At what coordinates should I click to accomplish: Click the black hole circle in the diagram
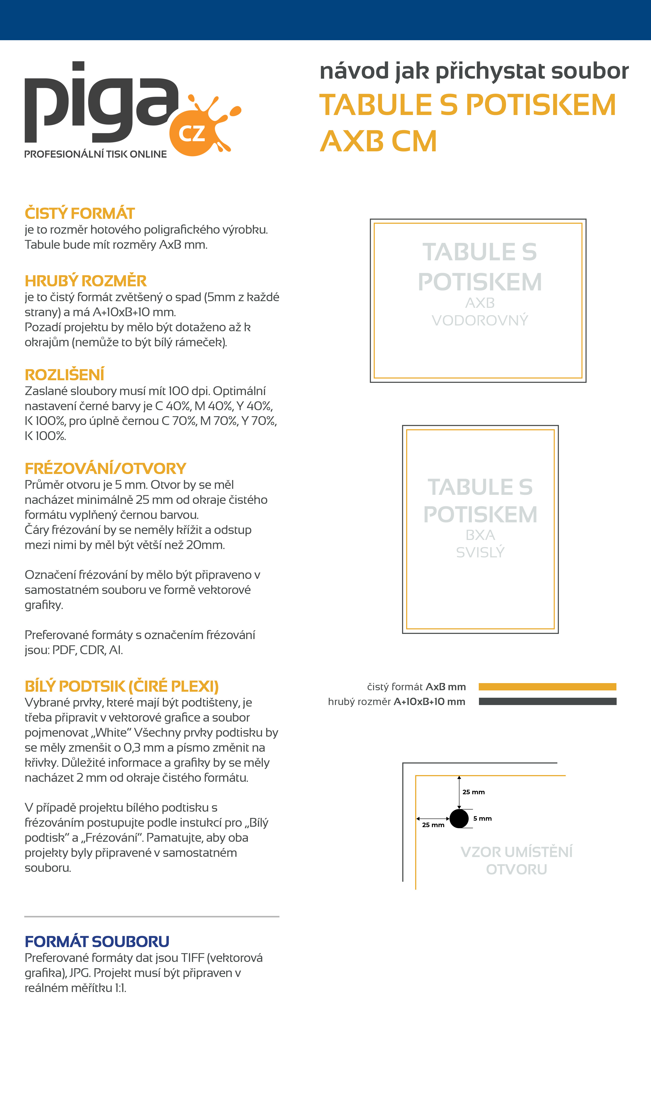459,818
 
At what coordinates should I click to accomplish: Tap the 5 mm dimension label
482,818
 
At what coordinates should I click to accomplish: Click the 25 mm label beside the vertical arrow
474,792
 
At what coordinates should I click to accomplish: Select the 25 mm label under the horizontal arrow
433,825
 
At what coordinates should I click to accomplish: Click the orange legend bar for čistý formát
547,687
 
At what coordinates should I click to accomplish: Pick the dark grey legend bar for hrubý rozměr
547,701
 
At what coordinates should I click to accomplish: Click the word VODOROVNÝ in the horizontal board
480,320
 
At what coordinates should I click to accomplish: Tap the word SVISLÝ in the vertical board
480,552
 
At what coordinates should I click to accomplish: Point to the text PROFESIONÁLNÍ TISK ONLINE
96,154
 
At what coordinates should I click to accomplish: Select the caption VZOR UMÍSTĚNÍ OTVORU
516,860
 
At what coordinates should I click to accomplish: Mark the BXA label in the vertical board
480,535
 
